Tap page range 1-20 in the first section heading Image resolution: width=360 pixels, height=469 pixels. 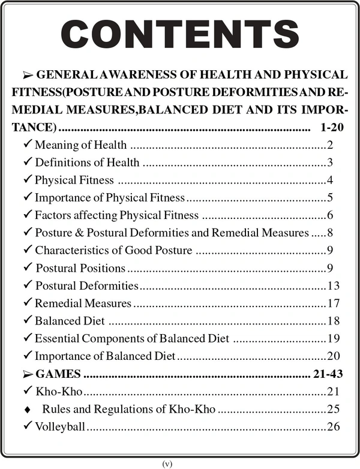[x=329, y=128]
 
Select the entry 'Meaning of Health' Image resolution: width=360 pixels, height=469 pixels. [x=81, y=145]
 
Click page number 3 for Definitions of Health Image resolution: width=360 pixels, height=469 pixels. [x=330, y=163]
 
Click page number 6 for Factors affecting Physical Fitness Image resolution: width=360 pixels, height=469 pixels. [x=330, y=215]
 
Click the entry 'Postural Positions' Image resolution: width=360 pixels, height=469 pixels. [x=80, y=267]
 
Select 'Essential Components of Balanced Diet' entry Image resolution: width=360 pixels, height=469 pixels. [x=131, y=338]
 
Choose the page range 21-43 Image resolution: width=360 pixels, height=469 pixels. [x=328, y=374]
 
